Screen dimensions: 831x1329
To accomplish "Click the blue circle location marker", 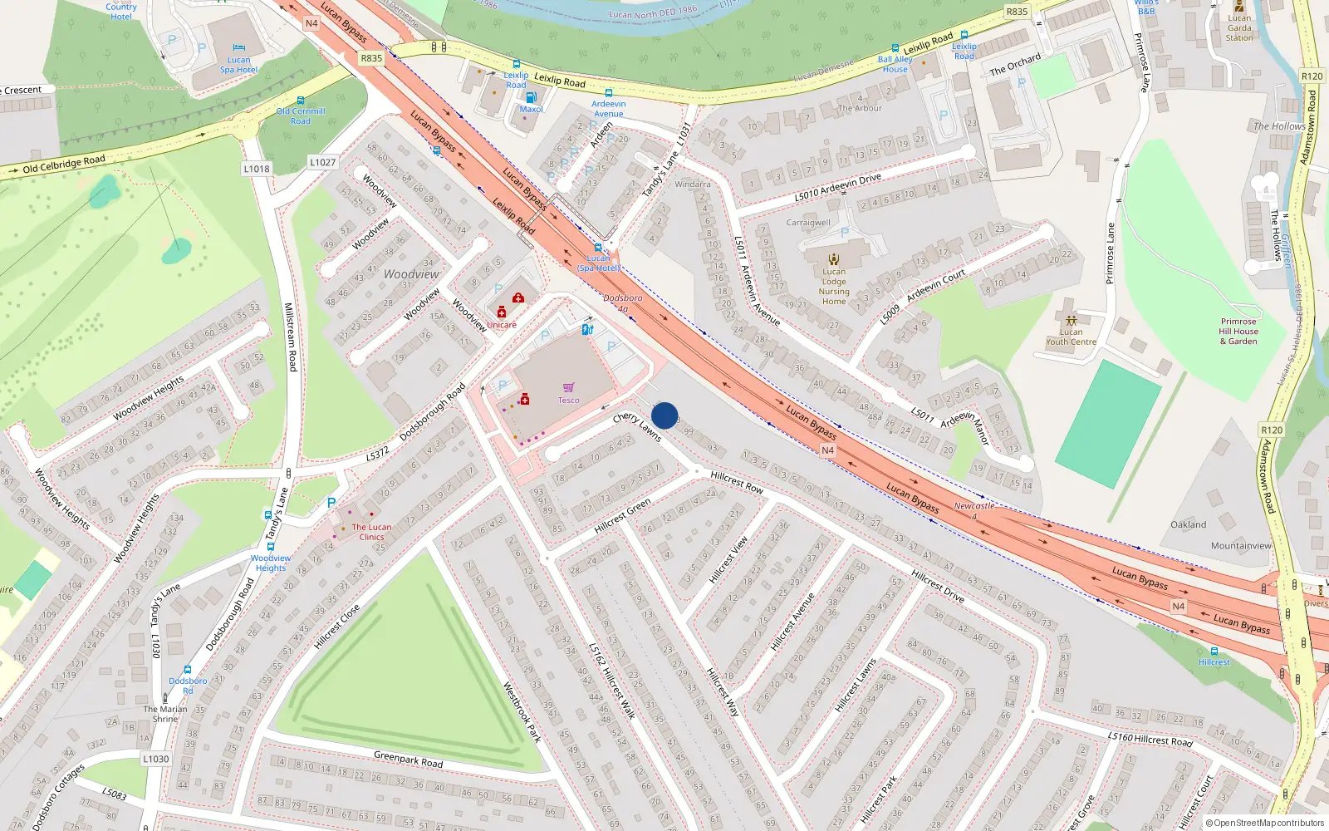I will click(664, 415).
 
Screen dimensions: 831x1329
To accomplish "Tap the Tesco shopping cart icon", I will click(569, 387).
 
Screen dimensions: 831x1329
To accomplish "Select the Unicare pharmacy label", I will click(502, 325).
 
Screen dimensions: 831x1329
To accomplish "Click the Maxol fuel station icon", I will click(531, 97).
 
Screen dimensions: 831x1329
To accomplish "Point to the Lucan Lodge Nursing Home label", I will click(834, 286).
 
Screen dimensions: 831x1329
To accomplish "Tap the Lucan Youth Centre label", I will click(1071, 337).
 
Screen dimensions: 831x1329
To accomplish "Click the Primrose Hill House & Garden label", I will click(1238, 331).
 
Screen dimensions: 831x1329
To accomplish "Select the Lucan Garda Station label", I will click(1239, 27).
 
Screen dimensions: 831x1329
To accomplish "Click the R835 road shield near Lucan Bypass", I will click(371, 58).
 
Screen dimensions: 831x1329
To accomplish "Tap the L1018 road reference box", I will click(257, 169).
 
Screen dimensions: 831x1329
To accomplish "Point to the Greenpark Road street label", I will click(408, 759).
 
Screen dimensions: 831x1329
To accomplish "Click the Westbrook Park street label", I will click(522, 712).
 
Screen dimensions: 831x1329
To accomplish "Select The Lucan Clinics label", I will click(371, 532).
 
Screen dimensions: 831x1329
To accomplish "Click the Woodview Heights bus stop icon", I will click(271, 547).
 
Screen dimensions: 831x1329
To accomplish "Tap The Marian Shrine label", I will click(165, 714).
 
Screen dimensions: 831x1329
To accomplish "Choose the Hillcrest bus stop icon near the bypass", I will click(1214, 652).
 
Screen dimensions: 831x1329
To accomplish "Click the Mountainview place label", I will click(1241, 546).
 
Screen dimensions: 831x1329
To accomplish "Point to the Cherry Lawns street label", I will click(637, 426).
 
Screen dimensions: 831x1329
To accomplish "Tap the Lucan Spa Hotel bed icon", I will click(239, 47).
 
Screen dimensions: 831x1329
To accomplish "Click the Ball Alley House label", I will click(895, 64).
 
